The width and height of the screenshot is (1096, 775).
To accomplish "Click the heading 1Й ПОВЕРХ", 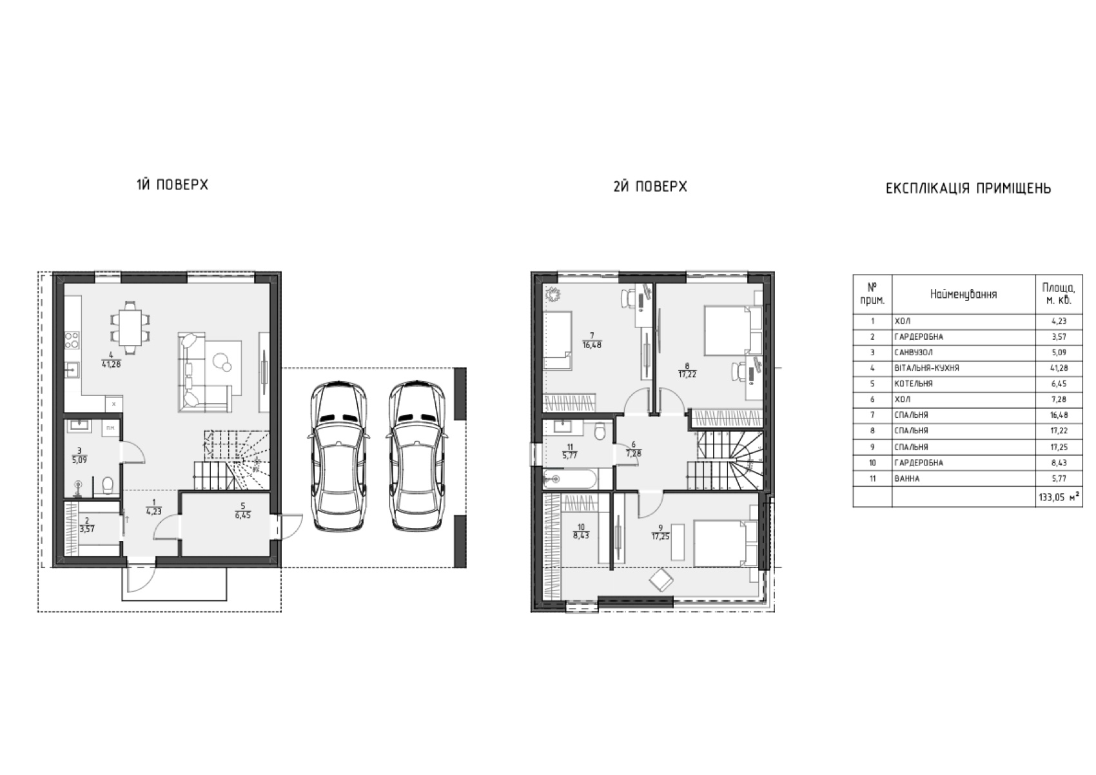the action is click(172, 184).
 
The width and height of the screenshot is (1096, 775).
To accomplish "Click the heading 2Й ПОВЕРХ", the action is click(651, 186).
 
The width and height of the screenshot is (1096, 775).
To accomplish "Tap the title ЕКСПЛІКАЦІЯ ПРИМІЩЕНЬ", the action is click(968, 188).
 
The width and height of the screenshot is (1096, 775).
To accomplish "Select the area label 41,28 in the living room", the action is click(111, 364).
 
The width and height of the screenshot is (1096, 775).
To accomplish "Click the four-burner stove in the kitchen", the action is click(72, 340).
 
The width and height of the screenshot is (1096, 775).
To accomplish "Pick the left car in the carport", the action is click(338, 456).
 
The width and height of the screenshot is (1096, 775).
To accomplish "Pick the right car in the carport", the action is click(418, 456).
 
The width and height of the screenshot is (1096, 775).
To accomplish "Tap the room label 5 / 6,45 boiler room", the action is click(242, 510).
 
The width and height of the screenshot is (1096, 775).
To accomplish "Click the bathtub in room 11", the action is click(570, 479).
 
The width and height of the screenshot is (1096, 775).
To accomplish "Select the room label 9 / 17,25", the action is click(661, 533).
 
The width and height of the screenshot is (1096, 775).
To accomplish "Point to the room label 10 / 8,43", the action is click(581, 531).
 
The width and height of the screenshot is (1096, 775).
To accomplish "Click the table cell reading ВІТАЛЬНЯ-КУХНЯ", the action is click(926, 368).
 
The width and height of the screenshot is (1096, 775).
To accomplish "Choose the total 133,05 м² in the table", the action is click(1059, 498).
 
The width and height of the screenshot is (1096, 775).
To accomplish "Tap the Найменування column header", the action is click(963, 295).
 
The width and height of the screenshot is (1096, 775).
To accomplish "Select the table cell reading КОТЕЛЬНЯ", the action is click(914, 384).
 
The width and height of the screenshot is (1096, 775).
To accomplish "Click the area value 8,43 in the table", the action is click(1059, 463).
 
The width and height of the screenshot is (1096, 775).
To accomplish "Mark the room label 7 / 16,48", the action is click(592, 340).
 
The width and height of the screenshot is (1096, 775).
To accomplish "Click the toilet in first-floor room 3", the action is click(108, 484).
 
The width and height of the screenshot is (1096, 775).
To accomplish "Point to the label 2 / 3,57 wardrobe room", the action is click(86, 525).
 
